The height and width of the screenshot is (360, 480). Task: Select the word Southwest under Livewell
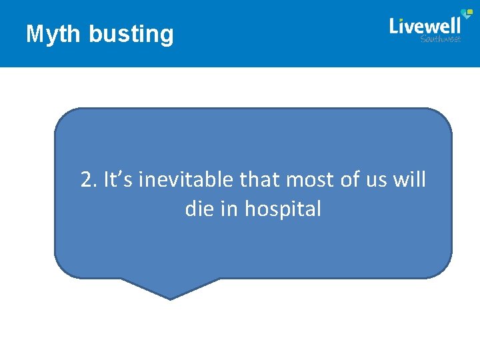click(441, 39)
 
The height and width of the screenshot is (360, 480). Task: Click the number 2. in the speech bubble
click(89, 179)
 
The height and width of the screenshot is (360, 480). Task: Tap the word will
click(411, 179)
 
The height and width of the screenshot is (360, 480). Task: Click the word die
click(199, 209)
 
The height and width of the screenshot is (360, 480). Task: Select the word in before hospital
click(230, 209)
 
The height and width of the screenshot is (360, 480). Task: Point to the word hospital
click(283, 210)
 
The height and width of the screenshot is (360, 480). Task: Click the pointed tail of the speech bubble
click(171, 293)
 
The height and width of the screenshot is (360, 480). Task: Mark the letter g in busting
click(167, 36)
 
